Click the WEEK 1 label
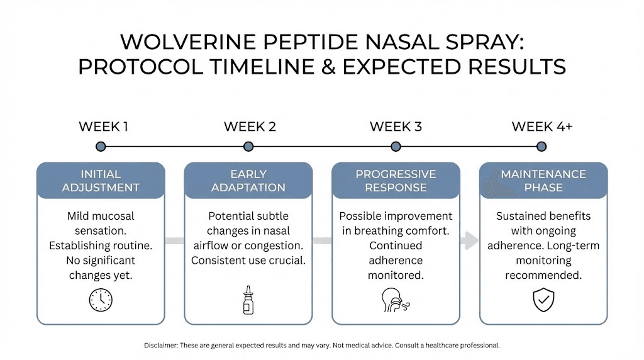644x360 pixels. point(103,127)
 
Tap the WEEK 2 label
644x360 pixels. point(250,127)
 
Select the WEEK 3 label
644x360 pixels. point(396,127)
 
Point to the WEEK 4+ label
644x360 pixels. point(541,127)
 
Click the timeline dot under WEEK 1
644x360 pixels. point(101,147)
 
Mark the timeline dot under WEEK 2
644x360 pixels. point(248,147)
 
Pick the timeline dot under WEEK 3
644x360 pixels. point(396,147)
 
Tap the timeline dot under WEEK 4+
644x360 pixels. point(541,147)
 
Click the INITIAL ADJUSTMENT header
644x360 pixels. point(101,181)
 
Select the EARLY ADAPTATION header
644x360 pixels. point(248,181)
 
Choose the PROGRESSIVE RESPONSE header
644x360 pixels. point(396,181)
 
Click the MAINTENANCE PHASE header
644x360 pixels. point(543,181)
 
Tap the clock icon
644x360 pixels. point(101,300)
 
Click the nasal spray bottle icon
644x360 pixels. point(248,300)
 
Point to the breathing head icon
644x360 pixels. point(394,300)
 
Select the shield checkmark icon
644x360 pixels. point(543,300)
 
